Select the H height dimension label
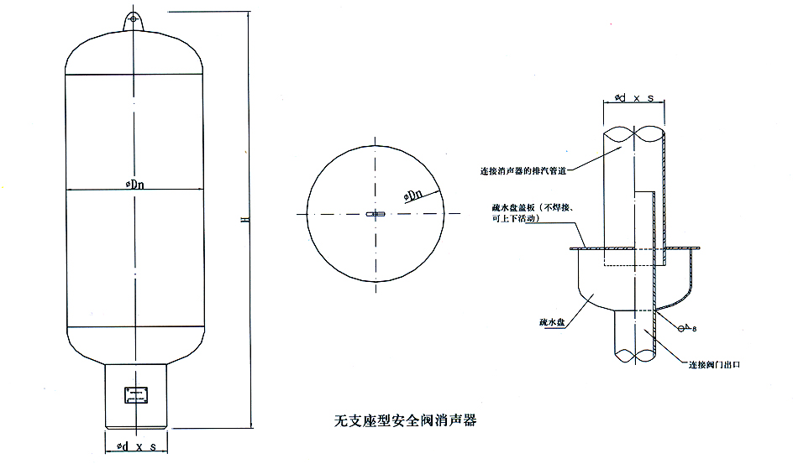pos(244,220)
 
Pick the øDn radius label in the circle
pos(414,194)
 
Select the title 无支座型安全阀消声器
pos(406,417)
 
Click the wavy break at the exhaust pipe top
pos(634,133)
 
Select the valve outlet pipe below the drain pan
pos(634,336)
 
